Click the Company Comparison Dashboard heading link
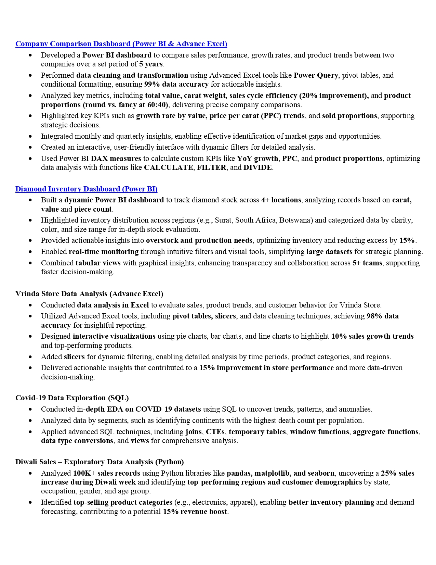(121, 44)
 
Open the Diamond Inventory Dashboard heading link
(86, 189)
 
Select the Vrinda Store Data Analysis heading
(89, 294)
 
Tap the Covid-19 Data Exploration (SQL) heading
(72, 398)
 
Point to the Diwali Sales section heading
(100, 462)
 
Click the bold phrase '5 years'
(151, 64)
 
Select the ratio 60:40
(157, 105)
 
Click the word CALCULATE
(168, 167)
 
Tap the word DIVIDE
(257, 167)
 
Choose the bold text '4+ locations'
(281, 200)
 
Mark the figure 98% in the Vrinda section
(374, 316)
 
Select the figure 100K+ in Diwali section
(84, 473)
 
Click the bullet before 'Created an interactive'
(30, 148)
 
